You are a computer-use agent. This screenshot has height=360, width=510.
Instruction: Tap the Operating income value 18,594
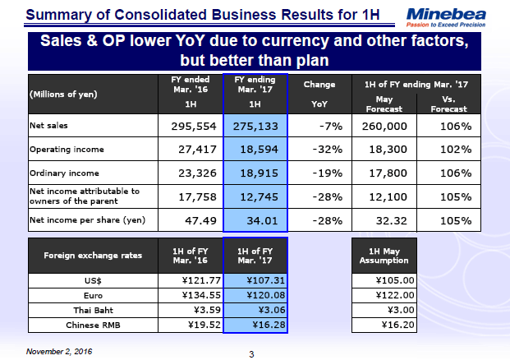click(x=256, y=150)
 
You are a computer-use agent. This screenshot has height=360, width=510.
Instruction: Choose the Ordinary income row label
click(x=64, y=173)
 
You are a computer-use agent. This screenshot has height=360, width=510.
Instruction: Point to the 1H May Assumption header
click(x=384, y=256)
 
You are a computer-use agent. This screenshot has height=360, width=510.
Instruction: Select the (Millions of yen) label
click(x=63, y=94)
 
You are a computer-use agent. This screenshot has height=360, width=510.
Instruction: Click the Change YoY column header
click(x=319, y=94)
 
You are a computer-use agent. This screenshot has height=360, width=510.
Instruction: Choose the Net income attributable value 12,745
click(x=256, y=196)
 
